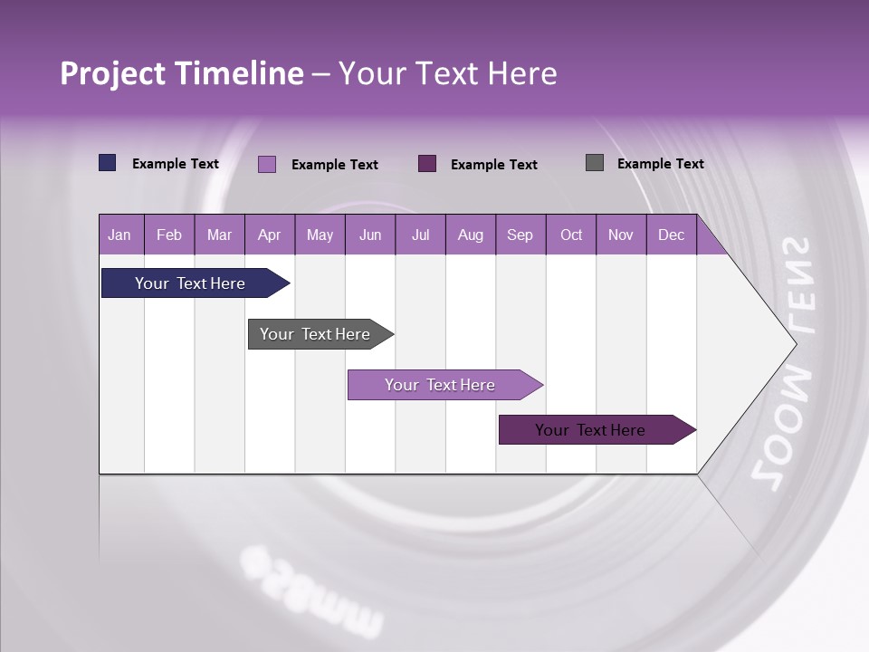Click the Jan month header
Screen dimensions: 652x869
(120, 235)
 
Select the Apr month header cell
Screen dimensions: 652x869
(270, 235)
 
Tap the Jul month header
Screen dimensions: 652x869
(420, 235)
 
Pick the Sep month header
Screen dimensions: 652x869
(520, 235)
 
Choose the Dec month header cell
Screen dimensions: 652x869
(671, 235)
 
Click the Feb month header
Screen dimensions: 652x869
(169, 235)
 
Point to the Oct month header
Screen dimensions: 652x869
(571, 235)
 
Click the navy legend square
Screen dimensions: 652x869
(108, 163)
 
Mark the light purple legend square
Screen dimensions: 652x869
(267, 164)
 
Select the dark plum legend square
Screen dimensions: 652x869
(427, 163)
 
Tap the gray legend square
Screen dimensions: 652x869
(595, 163)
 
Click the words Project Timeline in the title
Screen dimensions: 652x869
(182, 73)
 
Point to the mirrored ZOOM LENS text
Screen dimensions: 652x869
(784, 362)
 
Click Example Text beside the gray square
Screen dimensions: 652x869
(660, 164)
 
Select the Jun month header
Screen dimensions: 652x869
(370, 235)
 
